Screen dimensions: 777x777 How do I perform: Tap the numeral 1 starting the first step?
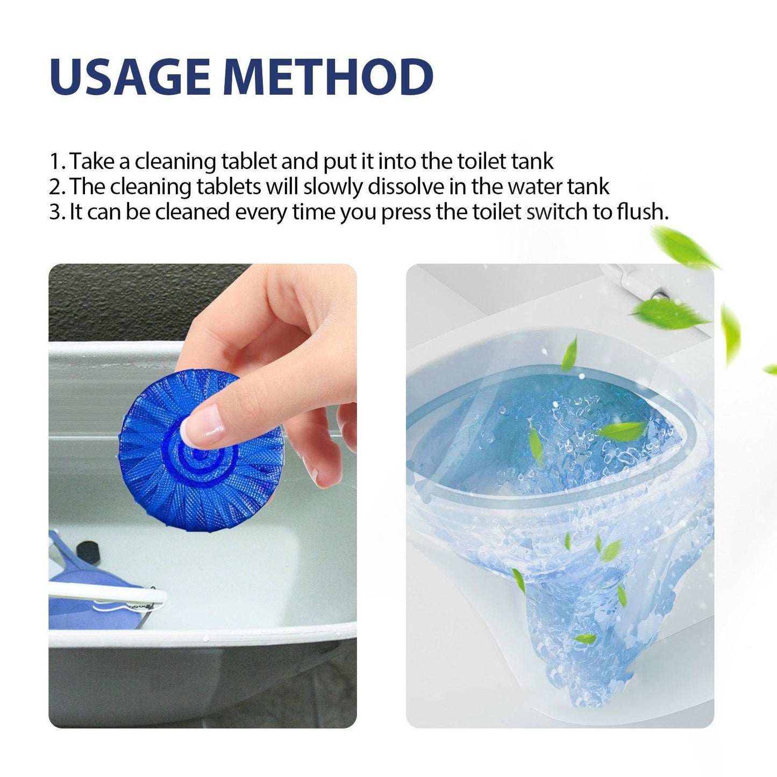point(54,161)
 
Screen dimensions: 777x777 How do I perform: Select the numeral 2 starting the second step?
point(55,187)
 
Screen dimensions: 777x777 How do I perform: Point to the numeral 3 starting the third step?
point(55,212)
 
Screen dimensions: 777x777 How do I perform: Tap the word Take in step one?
point(91,161)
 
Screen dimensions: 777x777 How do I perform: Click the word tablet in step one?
point(249,161)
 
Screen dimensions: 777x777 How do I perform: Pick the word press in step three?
point(406,212)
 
